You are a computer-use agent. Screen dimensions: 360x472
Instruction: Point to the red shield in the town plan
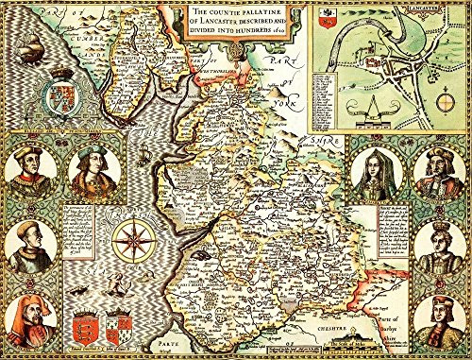(x=328, y=14)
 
